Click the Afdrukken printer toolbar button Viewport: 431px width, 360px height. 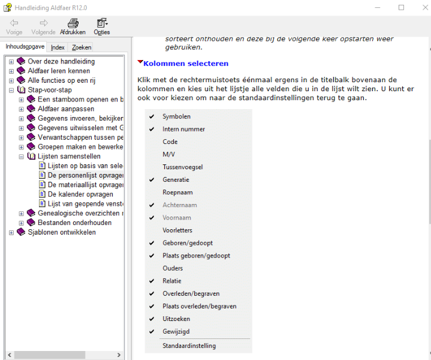coord(73,26)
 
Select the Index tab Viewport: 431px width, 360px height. coord(58,47)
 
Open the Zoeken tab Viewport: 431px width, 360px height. coord(82,47)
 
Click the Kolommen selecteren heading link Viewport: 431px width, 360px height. coord(186,64)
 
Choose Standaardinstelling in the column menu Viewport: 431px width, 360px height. coord(189,346)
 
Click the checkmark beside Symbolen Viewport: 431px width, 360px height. coord(152,116)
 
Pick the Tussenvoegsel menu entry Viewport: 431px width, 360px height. coord(182,167)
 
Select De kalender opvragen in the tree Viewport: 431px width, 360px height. coord(80,194)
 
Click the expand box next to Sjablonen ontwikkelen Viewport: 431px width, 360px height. coord(11,232)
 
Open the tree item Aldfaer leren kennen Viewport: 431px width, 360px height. coord(59,71)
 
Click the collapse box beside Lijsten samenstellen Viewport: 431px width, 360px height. coord(22,156)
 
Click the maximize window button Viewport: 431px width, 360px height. coord(401,8)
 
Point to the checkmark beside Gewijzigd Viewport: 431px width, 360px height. coord(152,331)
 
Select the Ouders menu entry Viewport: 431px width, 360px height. coord(173,268)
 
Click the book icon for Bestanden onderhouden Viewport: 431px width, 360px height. coord(31,223)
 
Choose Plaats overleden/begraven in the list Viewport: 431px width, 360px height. coord(199,306)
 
